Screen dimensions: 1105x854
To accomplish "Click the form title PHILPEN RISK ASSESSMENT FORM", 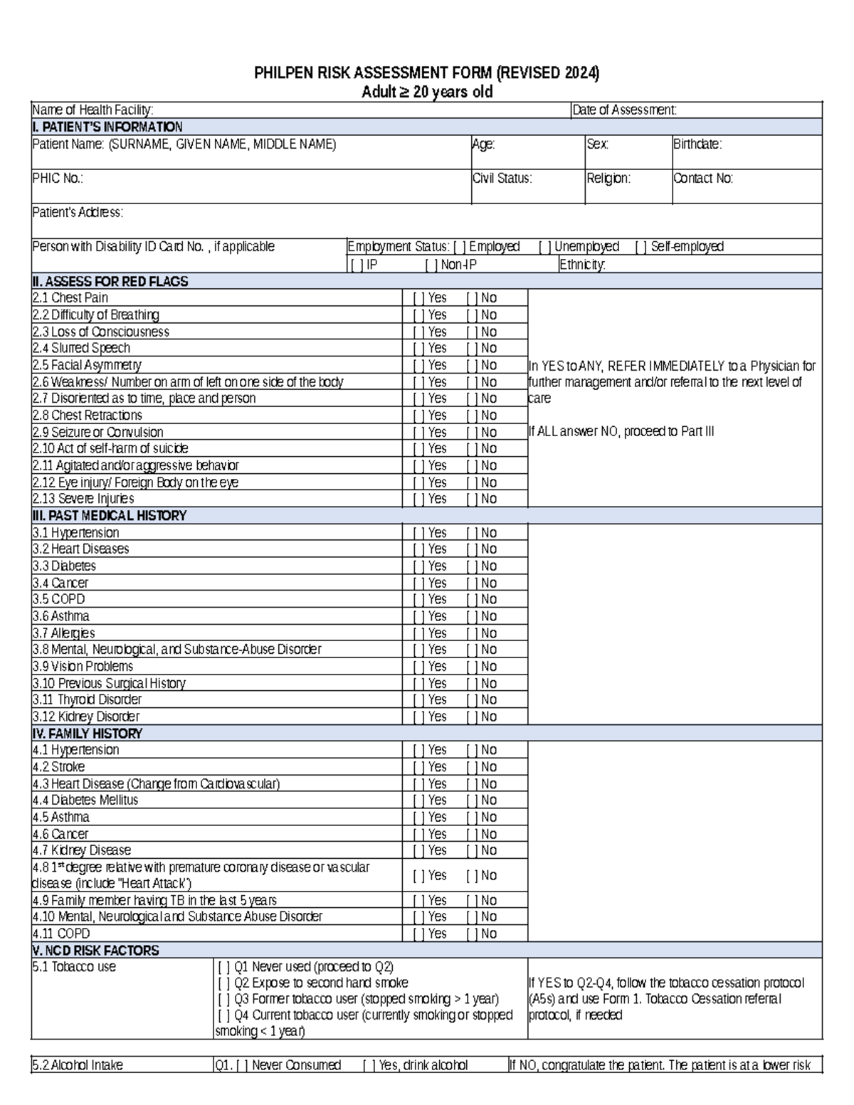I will [427, 73].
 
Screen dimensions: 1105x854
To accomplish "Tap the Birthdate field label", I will [697, 144].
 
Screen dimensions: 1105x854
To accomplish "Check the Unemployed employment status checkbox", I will [545, 247].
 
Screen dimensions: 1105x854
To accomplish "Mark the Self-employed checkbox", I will [640, 247].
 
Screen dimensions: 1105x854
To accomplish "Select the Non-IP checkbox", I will [431, 265].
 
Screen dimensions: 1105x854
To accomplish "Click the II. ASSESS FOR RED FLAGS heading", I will [110, 282].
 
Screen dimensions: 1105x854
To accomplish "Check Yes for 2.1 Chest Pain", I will [418, 298].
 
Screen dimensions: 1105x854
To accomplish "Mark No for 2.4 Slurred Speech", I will [472, 349].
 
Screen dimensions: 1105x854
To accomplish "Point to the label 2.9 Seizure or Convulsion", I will [97, 433].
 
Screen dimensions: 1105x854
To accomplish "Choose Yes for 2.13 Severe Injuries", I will [418, 499].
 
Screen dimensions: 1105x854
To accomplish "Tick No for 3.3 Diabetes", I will [472, 566].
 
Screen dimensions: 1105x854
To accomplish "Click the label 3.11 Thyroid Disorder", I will [87, 700].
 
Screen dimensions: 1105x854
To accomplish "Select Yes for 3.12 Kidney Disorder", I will [418, 717].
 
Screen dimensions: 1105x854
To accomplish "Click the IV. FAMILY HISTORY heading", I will [87, 734].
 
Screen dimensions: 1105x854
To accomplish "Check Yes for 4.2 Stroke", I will [418, 767].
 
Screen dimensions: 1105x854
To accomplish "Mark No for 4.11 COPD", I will [472, 934].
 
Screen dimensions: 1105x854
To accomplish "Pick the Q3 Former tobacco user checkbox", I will [224, 999].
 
